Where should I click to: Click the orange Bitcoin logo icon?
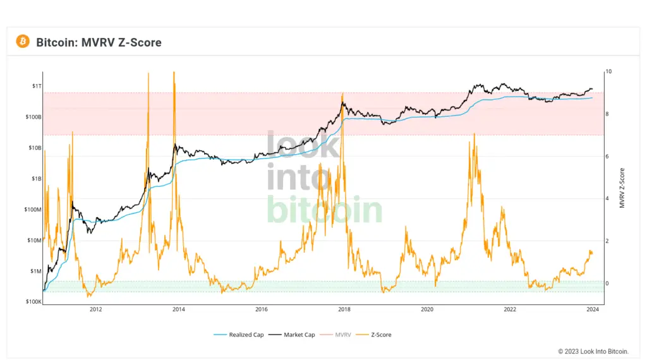coord(23,42)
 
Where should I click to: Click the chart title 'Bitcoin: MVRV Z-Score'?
coord(99,42)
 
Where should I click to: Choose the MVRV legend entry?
coord(342,335)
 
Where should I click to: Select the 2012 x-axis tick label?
coord(96,309)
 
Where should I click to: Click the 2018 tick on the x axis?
coord(344,309)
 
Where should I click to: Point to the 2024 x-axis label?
coord(593,309)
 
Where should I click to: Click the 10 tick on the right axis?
coord(608,71)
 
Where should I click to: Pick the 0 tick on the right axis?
coord(607,283)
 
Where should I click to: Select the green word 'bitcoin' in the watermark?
coord(324,210)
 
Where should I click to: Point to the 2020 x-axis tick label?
coord(427,309)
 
